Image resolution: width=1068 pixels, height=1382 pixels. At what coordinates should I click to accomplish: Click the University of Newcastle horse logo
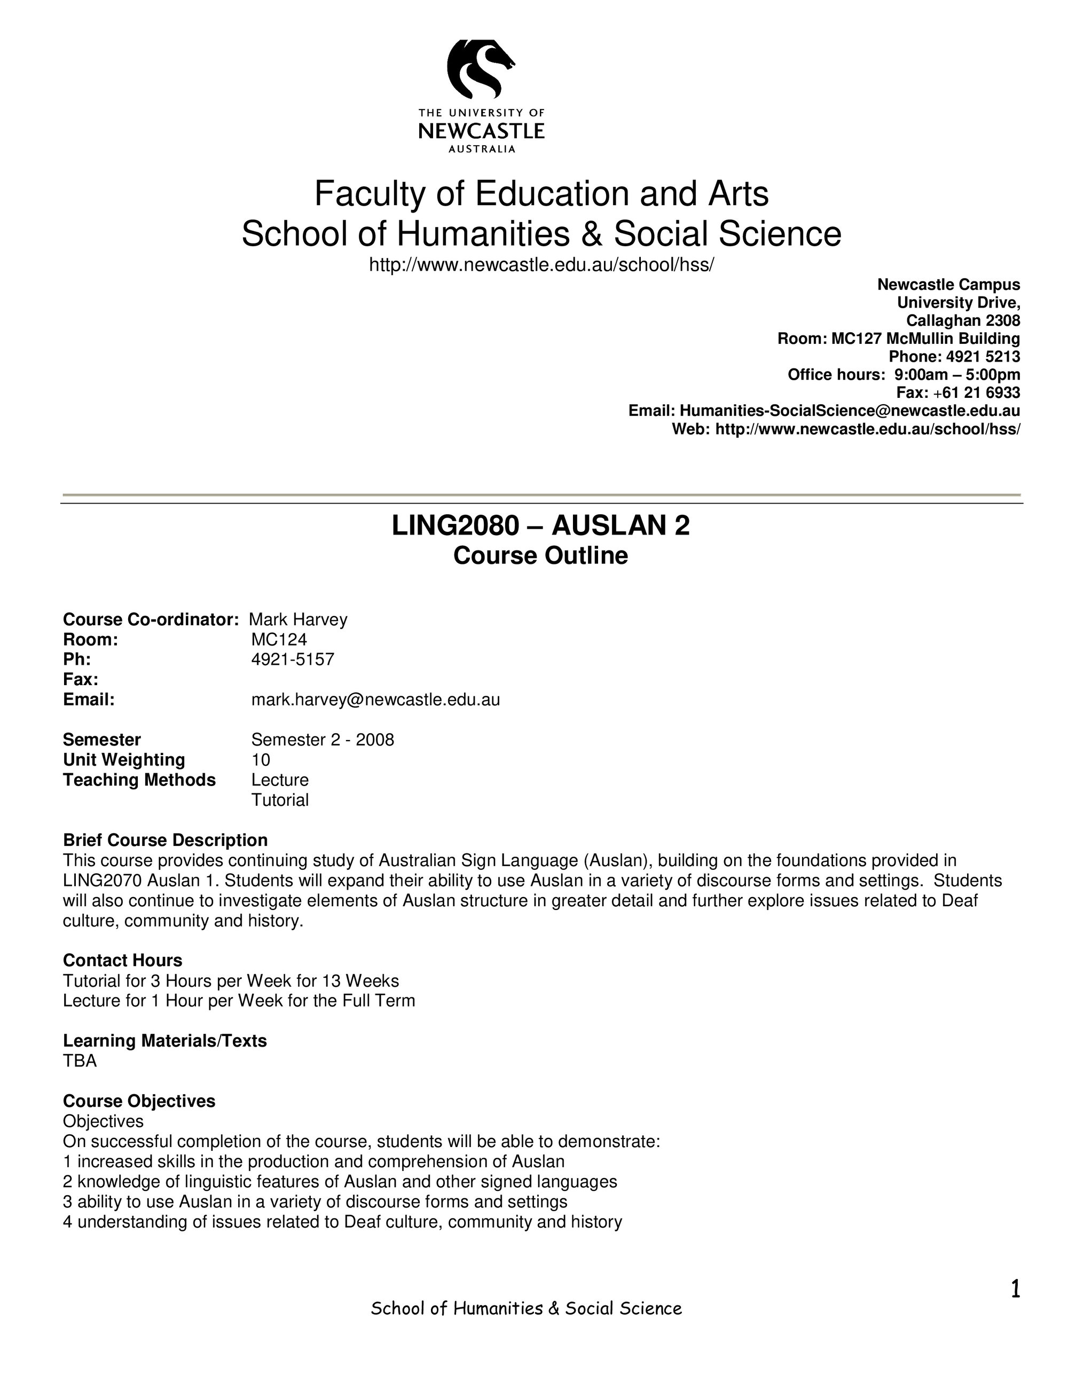[481, 69]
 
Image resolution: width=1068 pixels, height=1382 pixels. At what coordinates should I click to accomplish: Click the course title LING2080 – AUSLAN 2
[540, 526]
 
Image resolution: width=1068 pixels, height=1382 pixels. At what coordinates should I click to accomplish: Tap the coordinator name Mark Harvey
[299, 619]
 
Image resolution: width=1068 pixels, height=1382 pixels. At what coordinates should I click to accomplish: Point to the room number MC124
[279, 640]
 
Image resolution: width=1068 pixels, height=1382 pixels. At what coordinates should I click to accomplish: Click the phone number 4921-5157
[292, 659]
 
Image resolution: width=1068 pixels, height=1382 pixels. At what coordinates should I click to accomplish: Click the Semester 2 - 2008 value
[323, 740]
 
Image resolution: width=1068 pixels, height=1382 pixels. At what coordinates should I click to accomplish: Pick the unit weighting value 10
[261, 759]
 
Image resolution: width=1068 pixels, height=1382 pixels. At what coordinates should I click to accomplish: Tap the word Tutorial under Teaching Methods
[280, 800]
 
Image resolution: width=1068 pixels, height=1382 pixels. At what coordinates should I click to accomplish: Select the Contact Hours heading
[123, 960]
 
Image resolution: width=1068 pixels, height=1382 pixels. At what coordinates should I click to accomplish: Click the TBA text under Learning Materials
[80, 1061]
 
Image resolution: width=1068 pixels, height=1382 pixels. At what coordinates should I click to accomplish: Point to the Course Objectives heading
[139, 1101]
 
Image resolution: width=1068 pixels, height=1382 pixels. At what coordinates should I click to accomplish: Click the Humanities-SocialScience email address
[849, 411]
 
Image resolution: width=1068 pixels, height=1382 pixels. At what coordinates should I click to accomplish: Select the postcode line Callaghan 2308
[963, 320]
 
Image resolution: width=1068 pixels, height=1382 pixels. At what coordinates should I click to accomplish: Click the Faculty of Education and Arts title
[541, 194]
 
